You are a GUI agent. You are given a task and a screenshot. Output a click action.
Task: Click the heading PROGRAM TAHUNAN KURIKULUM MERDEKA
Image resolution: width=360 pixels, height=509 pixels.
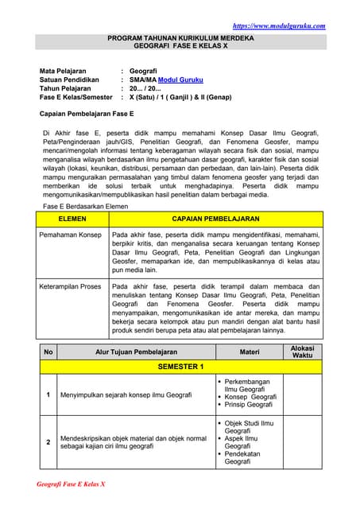pos(180,38)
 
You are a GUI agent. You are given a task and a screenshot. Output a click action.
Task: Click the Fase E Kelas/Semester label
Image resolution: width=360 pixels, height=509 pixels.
pos(75,102)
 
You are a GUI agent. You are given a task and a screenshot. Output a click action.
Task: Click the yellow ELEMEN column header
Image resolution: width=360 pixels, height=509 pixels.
pos(72,217)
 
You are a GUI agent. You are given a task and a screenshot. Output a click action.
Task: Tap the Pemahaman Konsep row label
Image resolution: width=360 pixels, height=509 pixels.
pos(71,235)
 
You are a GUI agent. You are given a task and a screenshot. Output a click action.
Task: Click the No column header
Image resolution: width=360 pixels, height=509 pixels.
pos(48,351)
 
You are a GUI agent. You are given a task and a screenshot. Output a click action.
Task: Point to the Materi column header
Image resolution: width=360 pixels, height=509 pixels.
pos(249,351)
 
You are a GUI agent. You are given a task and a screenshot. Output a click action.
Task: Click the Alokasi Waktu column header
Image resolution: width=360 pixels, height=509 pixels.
pos(303,351)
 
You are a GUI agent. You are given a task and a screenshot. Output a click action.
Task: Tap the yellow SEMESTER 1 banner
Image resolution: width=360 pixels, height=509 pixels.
pos(180,367)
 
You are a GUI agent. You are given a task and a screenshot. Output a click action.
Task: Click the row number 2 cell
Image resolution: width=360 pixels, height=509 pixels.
pos(48,441)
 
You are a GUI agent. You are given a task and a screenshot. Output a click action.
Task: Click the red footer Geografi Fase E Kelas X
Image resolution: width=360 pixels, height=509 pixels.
pos(72,484)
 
